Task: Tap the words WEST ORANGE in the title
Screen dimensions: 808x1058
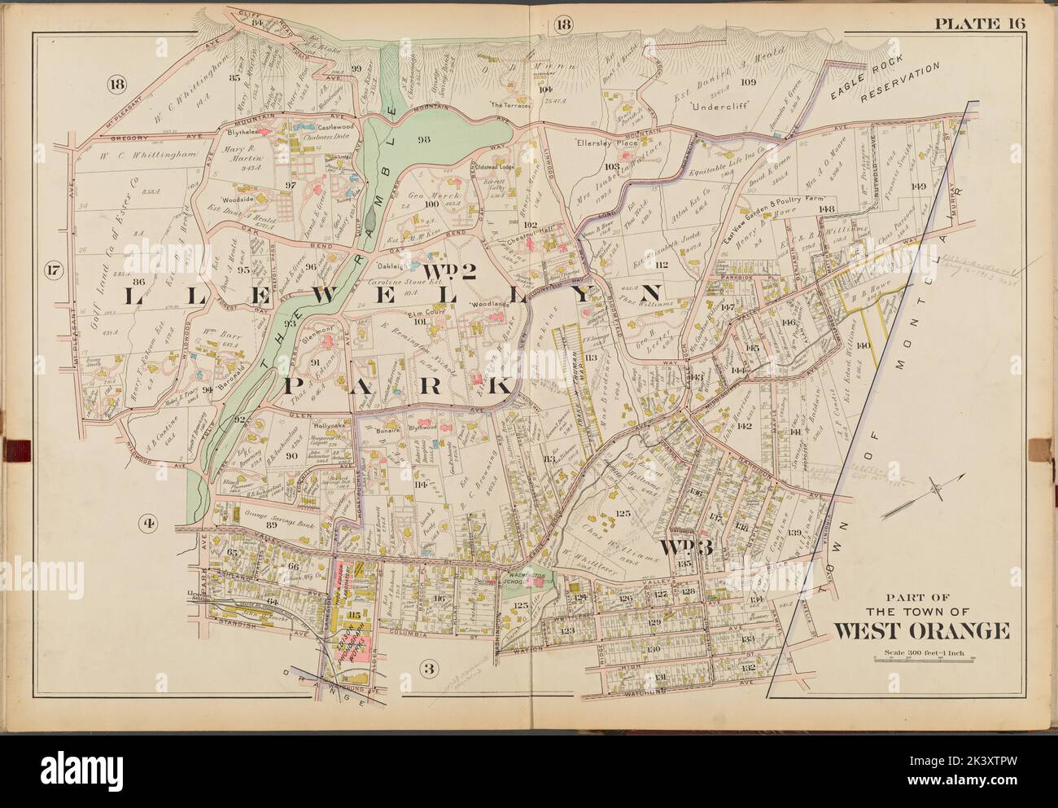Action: [x=921, y=630]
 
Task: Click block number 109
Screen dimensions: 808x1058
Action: [x=748, y=81]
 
